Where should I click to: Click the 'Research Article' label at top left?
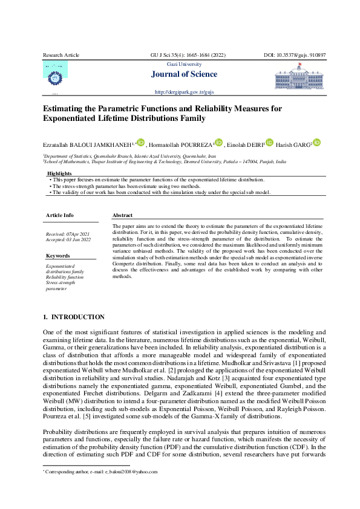point(61,55)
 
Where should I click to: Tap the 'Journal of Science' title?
point(187,74)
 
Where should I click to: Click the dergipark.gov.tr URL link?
point(185,92)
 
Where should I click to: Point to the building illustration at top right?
point(300,78)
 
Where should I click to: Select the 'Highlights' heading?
point(59,173)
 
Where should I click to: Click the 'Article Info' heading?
point(60,215)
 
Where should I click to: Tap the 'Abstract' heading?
point(123,215)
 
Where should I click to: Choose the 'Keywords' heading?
point(58,256)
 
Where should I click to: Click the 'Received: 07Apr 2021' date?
point(68,234)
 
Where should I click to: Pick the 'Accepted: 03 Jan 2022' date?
point(68,240)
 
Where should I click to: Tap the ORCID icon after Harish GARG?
point(316,143)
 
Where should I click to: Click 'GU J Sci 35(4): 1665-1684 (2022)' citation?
point(188,55)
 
